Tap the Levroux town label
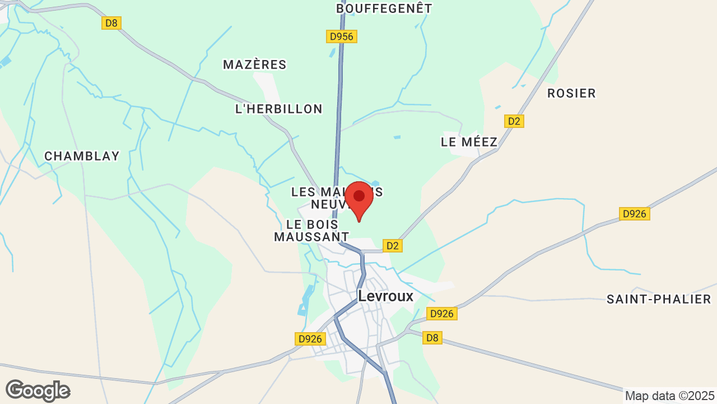(x=385, y=296)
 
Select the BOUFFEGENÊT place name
(x=384, y=8)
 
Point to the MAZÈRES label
(x=255, y=65)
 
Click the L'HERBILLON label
(x=279, y=109)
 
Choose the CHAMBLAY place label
(x=82, y=156)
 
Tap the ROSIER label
(x=571, y=93)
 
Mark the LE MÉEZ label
(x=469, y=142)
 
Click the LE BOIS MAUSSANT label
(x=311, y=231)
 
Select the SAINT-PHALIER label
(x=659, y=299)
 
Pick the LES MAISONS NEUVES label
(x=325, y=198)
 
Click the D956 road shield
(x=342, y=36)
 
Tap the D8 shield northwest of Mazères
(x=112, y=23)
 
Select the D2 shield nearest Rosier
(x=514, y=121)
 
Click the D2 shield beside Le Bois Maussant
(x=393, y=245)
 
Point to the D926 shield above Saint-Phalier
(x=635, y=214)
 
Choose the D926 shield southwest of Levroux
(x=310, y=339)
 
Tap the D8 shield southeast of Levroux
(x=432, y=338)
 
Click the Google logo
(x=38, y=391)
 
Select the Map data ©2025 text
(x=670, y=396)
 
